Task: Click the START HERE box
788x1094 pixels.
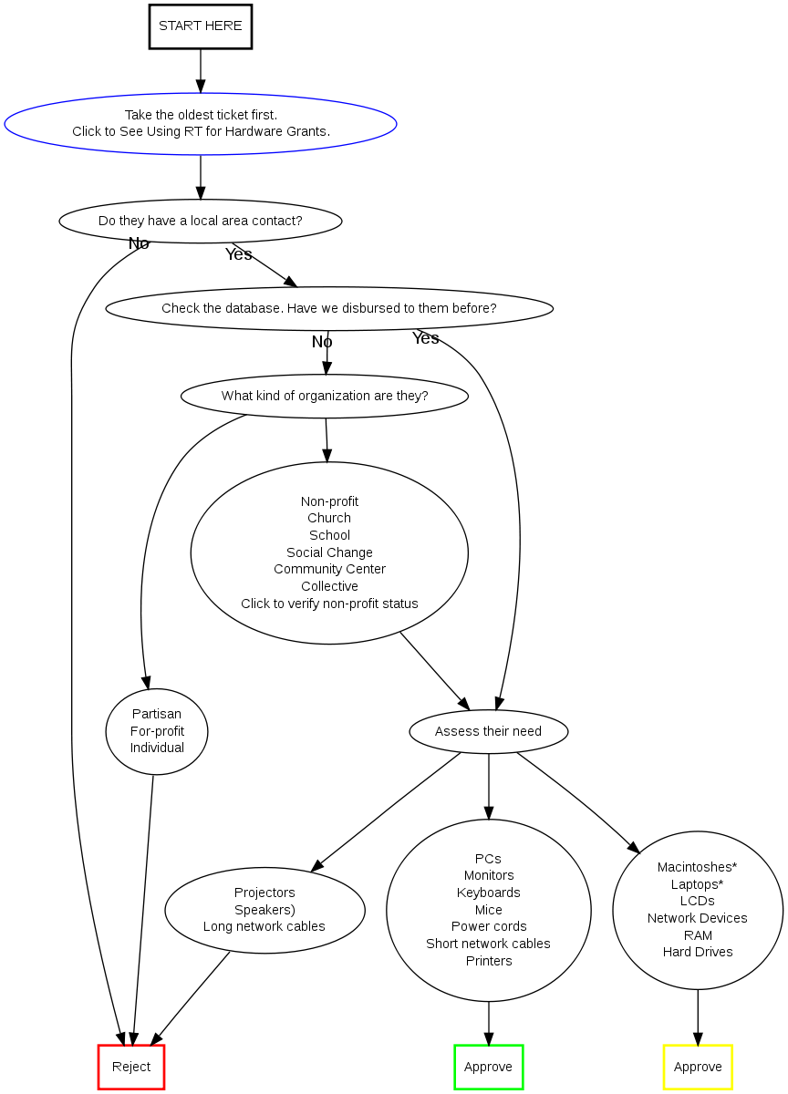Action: click(x=201, y=26)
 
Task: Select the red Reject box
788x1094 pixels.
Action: click(x=131, y=1067)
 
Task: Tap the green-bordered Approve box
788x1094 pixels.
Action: click(x=488, y=1067)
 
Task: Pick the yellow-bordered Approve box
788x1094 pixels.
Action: click(x=698, y=1067)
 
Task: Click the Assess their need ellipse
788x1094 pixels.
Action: click(x=488, y=731)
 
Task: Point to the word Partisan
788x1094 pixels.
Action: click(x=157, y=714)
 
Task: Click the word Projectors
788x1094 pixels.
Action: click(x=264, y=893)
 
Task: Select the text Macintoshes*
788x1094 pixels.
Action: click(x=698, y=867)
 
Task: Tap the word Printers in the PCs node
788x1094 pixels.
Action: click(x=489, y=961)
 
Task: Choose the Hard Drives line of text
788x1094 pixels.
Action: click(x=698, y=952)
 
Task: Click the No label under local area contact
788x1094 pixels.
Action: click(x=139, y=243)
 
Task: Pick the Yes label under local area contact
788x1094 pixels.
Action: click(x=239, y=254)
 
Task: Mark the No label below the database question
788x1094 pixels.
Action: click(x=322, y=342)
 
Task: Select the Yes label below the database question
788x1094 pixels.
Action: click(x=426, y=338)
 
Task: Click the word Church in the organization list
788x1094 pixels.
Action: click(x=329, y=518)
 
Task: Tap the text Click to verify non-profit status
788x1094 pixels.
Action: click(x=329, y=604)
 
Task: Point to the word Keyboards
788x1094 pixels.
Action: click(x=489, y=893)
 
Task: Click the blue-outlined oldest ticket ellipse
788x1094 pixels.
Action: click(x=201, y=123)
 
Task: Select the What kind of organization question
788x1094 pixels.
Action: click(x=325, y=396)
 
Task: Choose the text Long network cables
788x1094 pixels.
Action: click(x=264, y=926)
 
